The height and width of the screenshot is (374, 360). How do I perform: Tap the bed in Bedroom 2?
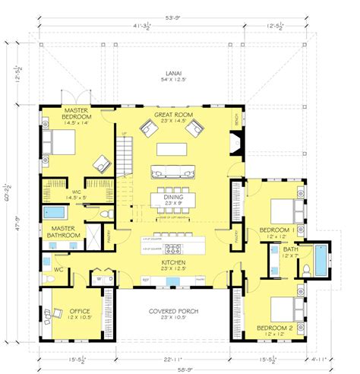[x=283, y=308]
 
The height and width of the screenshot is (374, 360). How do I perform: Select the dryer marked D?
[x=110, y=279]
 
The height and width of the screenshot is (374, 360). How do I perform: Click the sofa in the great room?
[x=174, y=170]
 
